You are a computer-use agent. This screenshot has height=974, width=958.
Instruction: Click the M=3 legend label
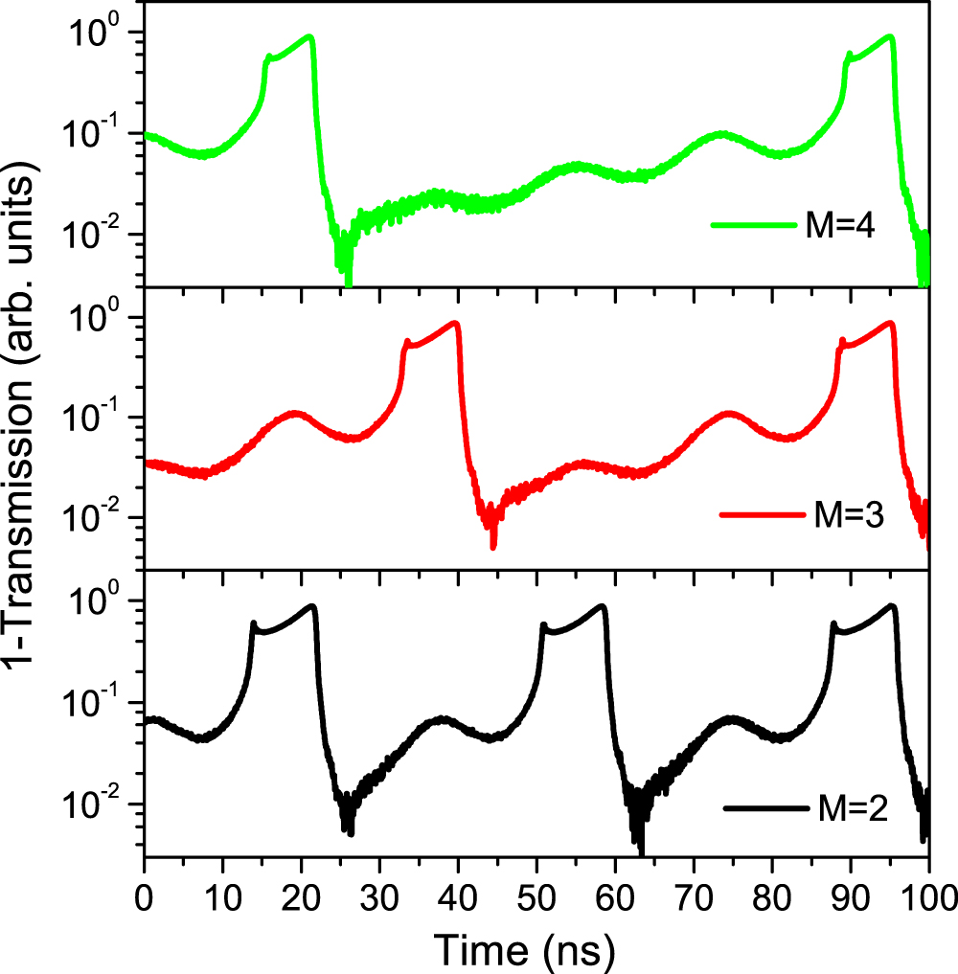845,514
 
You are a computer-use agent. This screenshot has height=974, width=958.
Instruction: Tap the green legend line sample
753,226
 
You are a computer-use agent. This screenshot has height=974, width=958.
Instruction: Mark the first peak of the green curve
309,36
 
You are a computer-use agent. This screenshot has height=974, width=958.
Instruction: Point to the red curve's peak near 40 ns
457,323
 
